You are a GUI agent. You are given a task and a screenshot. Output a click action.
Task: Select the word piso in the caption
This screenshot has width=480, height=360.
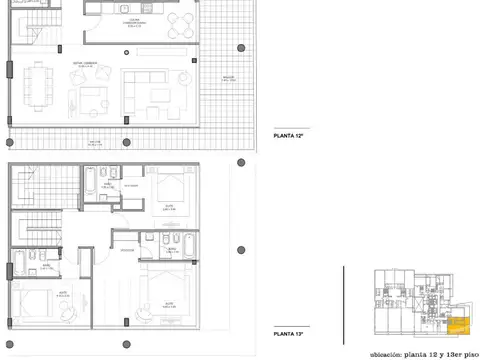(463, 351)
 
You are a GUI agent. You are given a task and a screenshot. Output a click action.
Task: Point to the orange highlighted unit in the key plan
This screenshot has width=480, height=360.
(457, 323)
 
